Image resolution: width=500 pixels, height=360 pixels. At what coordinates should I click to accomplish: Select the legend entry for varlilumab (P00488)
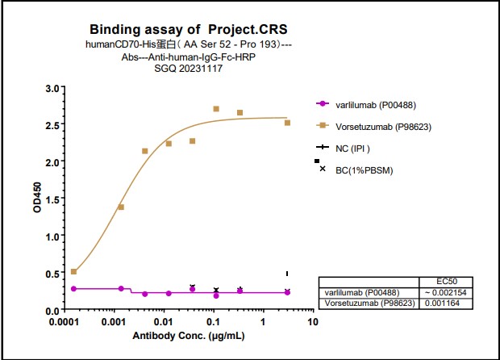coord(376,104)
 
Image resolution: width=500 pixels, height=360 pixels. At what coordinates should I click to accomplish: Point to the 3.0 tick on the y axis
coord(52,88)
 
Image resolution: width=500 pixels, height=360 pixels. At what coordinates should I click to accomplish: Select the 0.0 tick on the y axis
coord(52,311)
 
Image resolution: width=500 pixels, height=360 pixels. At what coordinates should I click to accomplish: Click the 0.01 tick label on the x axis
coord(164,322)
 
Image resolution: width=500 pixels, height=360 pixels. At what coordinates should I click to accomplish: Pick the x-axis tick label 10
coord(314,322)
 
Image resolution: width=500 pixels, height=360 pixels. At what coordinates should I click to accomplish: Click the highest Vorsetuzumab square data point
coord(216,109)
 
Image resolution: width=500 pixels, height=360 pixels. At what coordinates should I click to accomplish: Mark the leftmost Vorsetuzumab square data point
coord(73,271)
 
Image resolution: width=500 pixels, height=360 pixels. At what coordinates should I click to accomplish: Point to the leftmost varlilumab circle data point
coord(73,288)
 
